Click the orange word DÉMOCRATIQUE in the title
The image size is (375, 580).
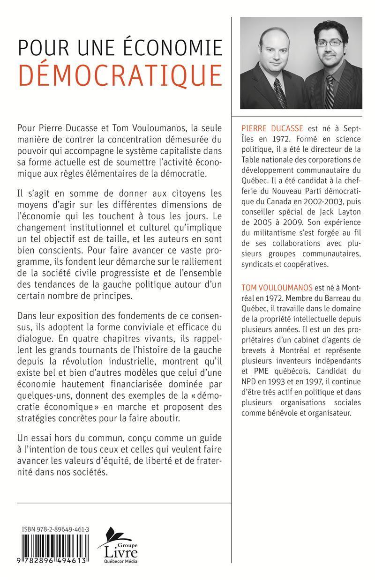(120, 75)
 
